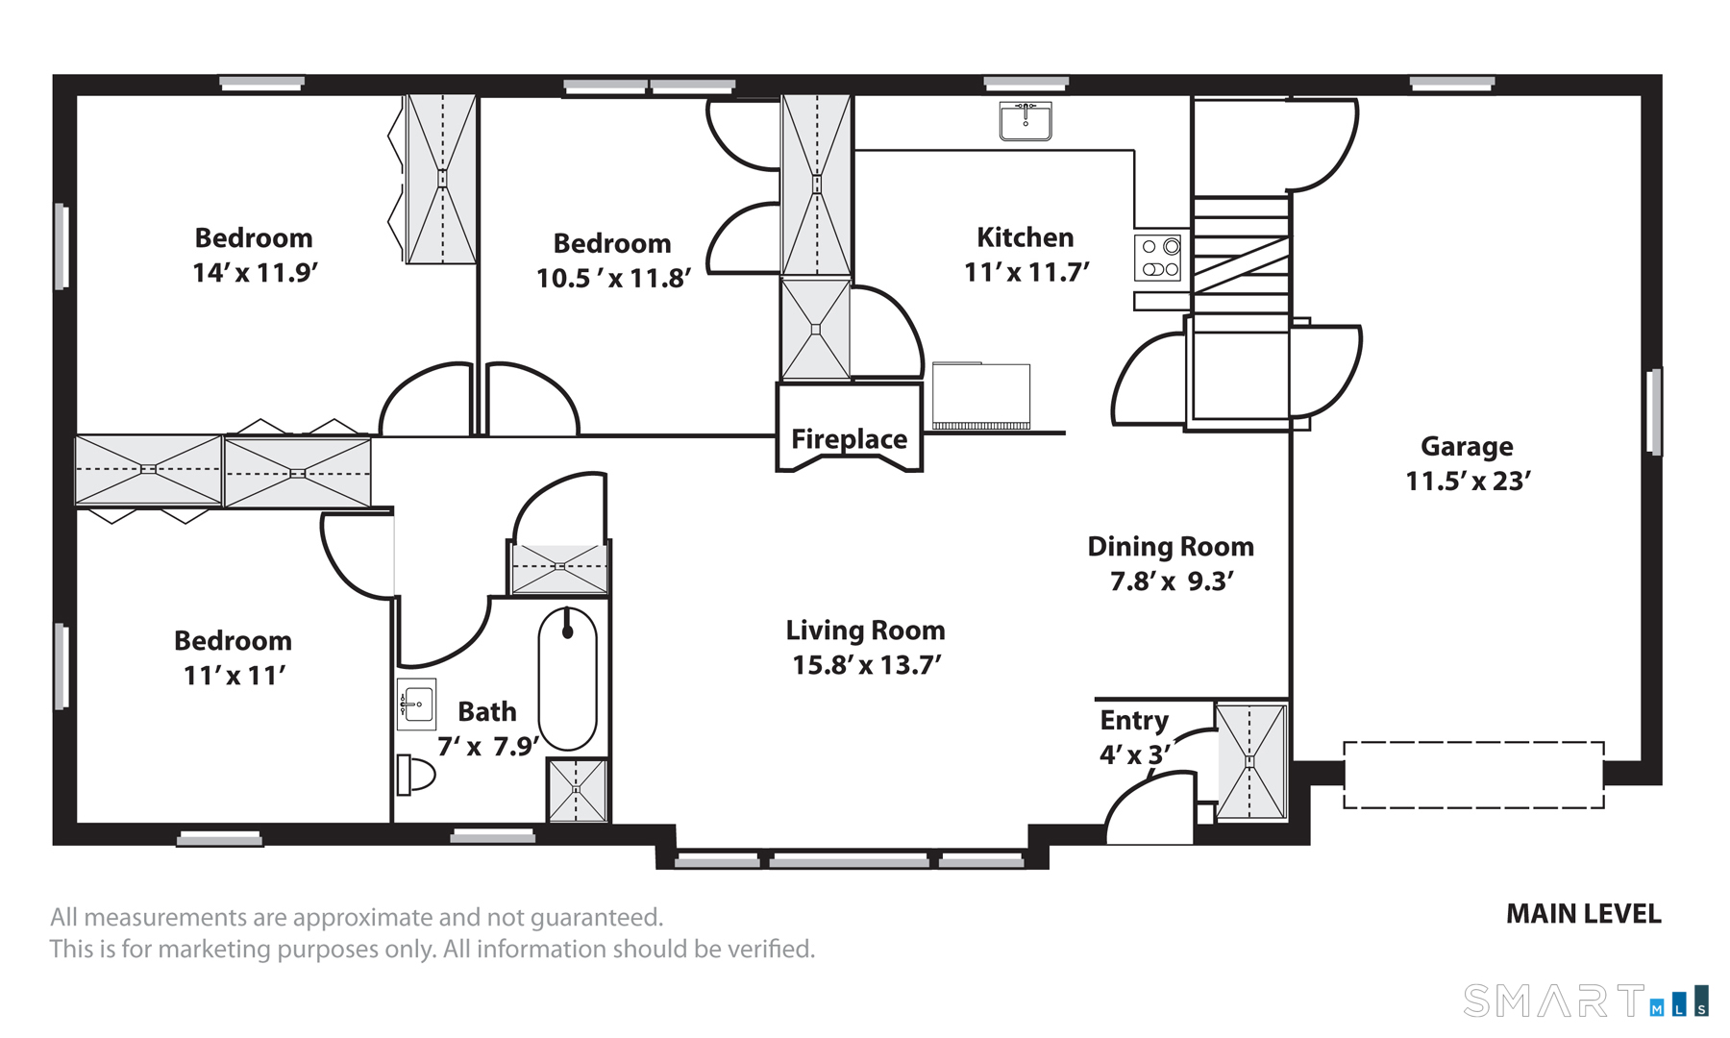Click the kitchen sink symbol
[x=1026, y=121]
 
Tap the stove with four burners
[x=1157, y=258]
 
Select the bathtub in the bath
[x=567, y=679]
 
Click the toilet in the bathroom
[x=415, y=775]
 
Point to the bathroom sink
[x=416, y=704]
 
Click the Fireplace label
[x=849, y=439]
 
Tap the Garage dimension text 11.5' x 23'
[x=1468, y=481]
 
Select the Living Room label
[x=865, y=630]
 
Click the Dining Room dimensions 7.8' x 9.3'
[x=1172, y=581]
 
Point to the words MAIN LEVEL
[x=1583, y=914]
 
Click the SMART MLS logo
[x=1586, y=1001]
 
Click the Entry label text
[x=1134, y=721]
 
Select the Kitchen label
[x=1026, y=237]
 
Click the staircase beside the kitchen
[x=1241, y=256]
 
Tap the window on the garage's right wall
[x=1655, y=411]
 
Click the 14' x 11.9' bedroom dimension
[x=255, y=273]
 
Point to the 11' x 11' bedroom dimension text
[x=235, y=676]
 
